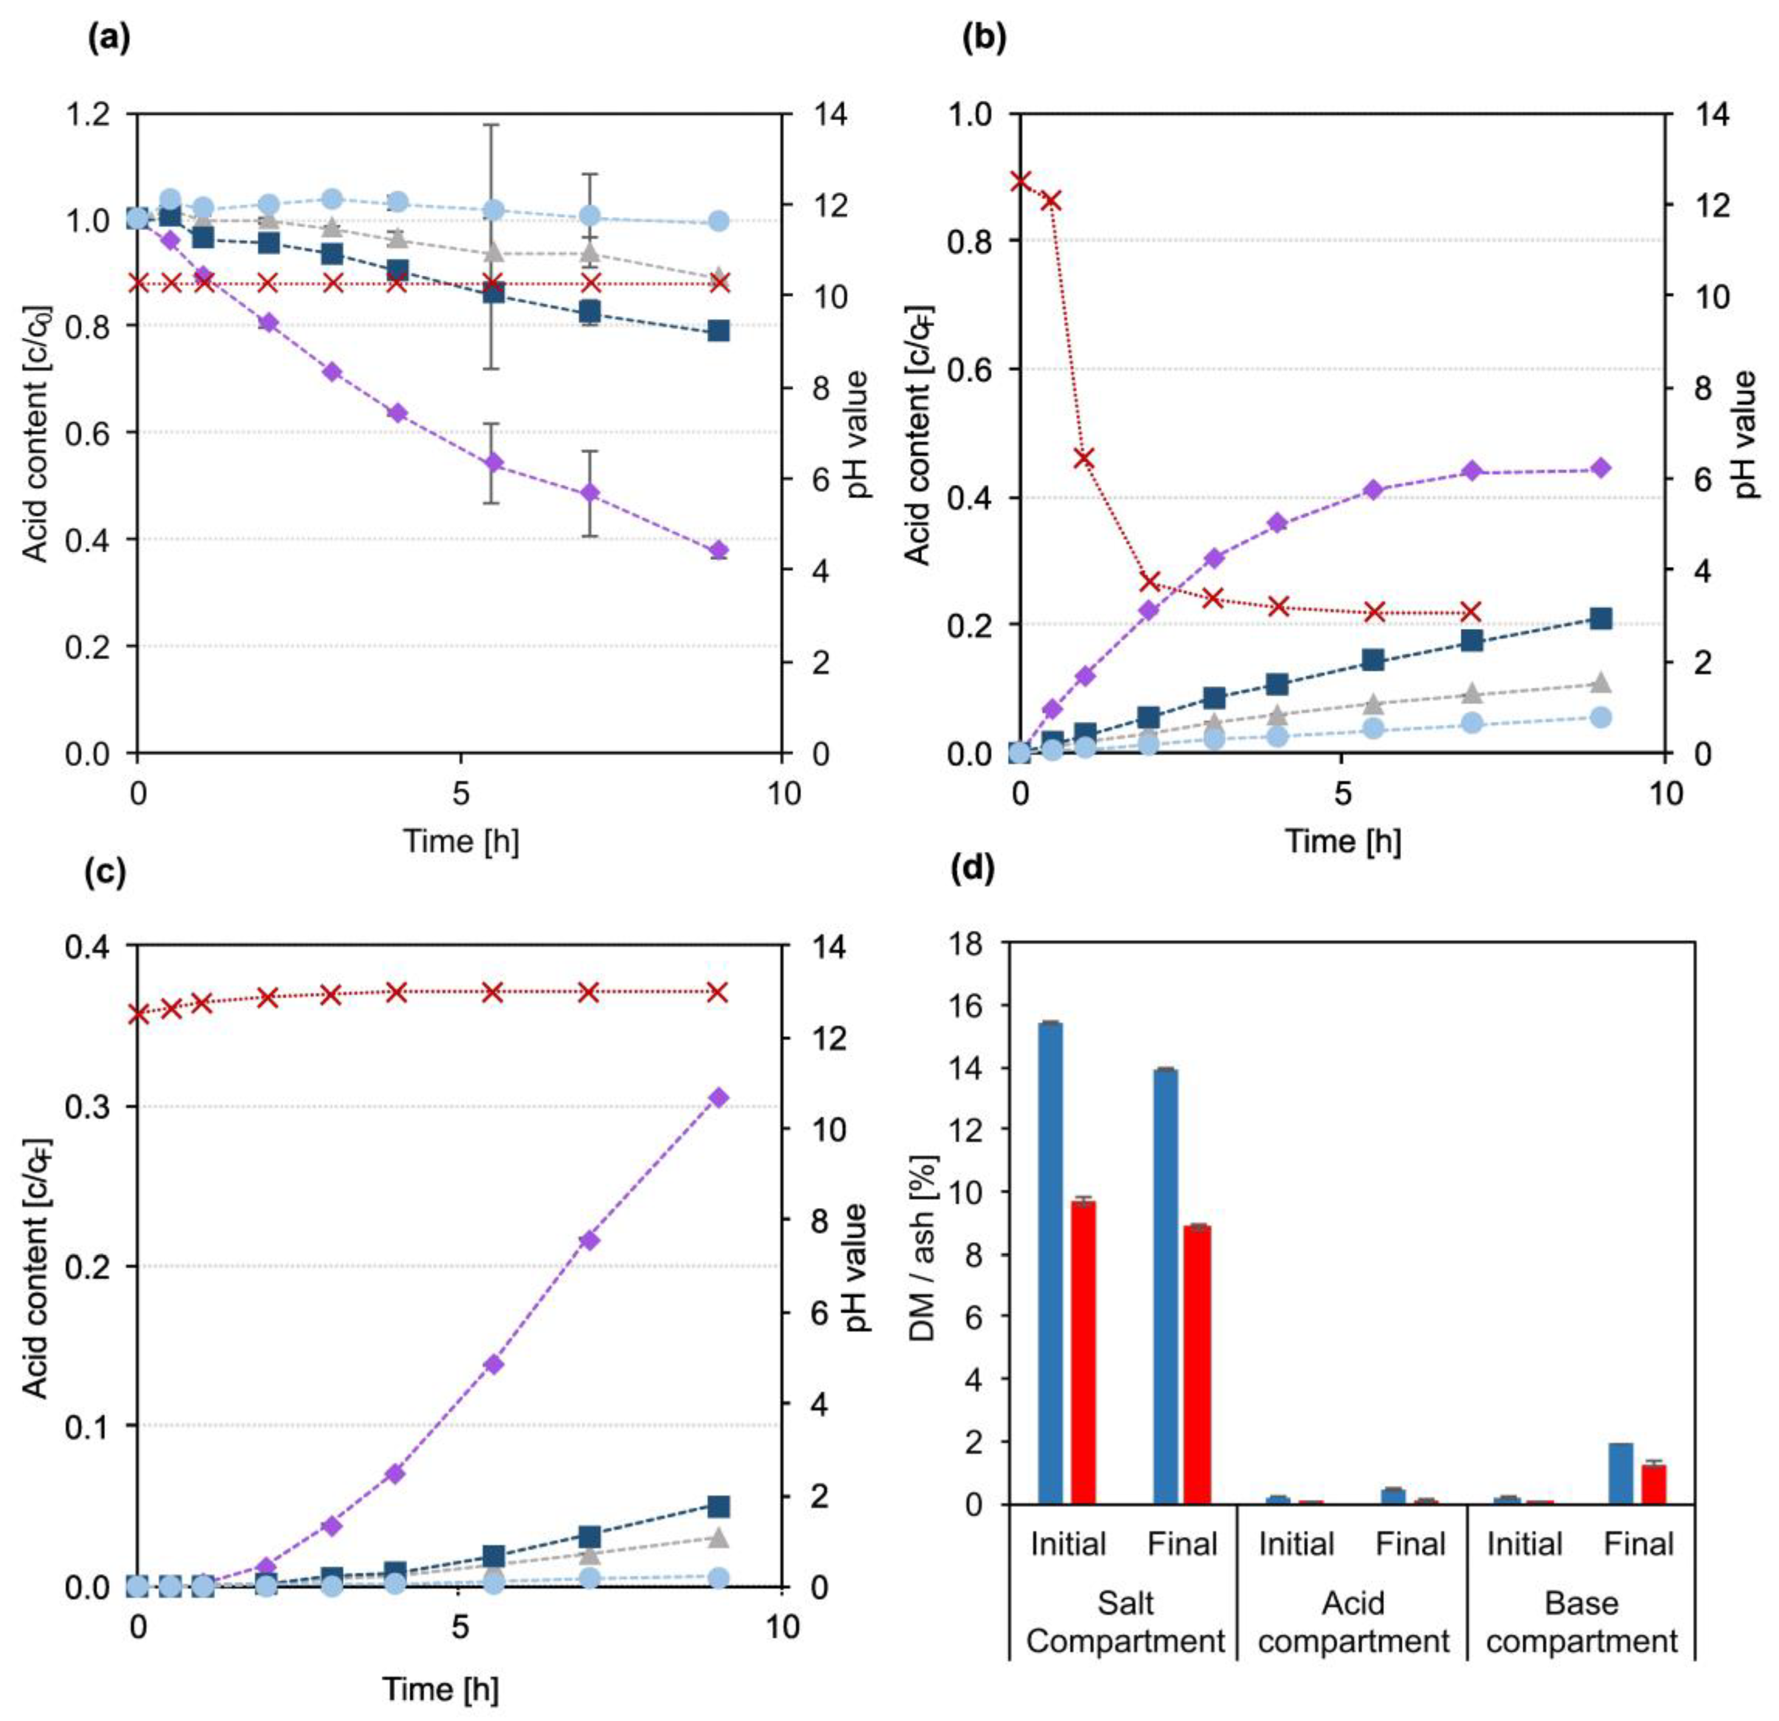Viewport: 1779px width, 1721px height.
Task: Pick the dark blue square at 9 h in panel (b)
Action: click(x=1600, y=619)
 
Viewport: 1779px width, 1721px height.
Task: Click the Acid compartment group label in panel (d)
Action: click(x=1353, y=1622)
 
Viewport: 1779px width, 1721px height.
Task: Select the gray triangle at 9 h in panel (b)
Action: click(x=1600, y=682)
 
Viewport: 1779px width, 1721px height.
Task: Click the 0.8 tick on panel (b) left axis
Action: click(x=968, y=241)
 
